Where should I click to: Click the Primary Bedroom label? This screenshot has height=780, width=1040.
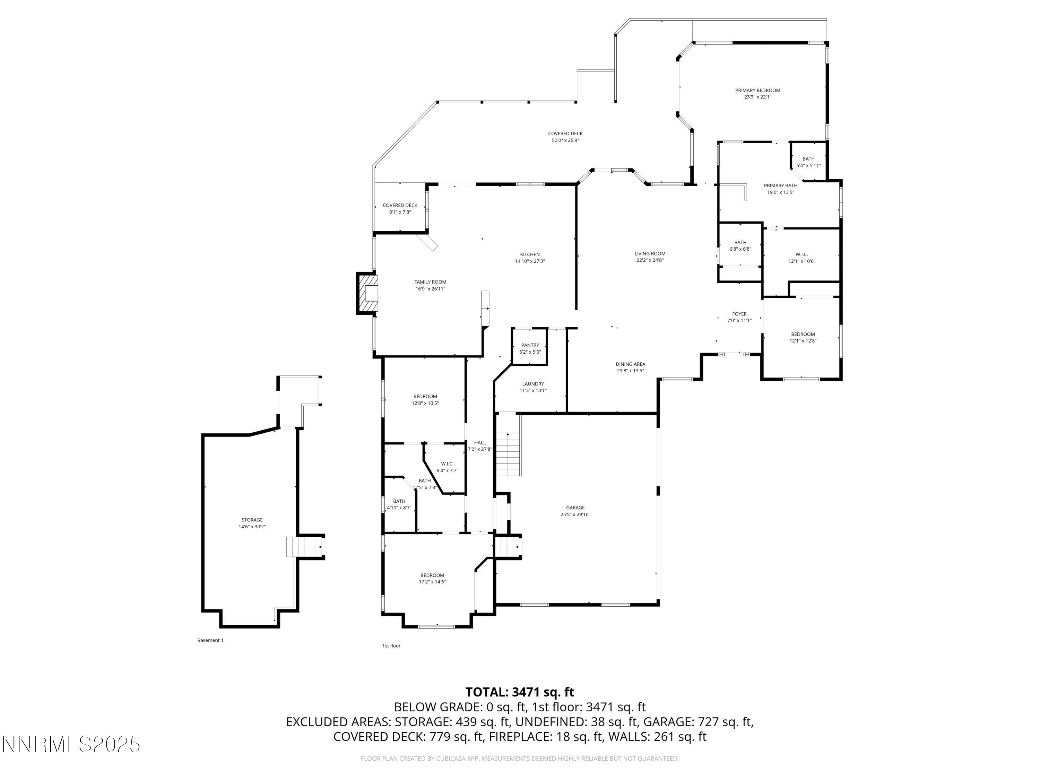[757, 90]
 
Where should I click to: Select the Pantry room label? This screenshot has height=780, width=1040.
[530, 345]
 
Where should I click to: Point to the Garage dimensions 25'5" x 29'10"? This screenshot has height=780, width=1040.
[575, 514]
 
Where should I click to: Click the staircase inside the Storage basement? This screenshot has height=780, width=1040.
[303, 547]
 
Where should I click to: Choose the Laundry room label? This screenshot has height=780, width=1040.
[533, 384]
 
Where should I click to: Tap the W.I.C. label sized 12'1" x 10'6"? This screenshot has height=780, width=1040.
[801, 254]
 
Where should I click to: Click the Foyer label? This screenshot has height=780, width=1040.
[739, 314]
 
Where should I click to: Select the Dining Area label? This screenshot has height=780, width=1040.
[630, 364]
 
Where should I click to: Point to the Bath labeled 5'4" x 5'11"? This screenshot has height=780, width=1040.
[808, 159]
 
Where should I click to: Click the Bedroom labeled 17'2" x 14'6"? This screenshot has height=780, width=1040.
[432, 575]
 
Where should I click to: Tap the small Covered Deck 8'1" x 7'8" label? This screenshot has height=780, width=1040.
[400, 206]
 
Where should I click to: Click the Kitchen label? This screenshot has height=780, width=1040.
[529, 254]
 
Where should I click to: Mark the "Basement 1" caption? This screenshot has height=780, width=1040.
[210, 640]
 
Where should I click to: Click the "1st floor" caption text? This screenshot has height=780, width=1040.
[391, 645]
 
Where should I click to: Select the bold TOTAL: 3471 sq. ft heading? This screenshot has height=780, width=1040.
[520, 692]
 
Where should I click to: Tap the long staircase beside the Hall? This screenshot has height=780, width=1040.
[509, 454]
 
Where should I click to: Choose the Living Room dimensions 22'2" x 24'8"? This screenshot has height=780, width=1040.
[650, 260]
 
